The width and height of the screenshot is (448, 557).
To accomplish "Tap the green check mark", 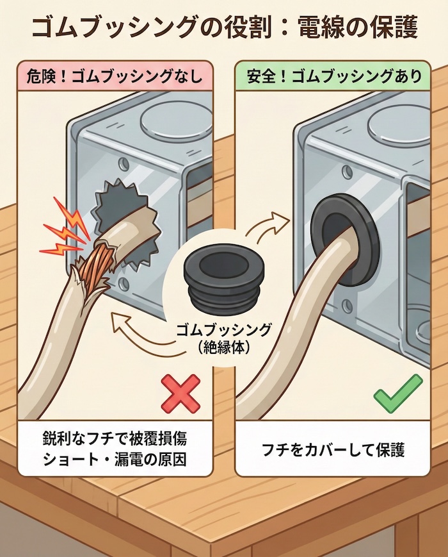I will [x=397, y=394].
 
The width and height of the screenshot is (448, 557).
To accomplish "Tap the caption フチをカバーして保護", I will [x=333, y=449].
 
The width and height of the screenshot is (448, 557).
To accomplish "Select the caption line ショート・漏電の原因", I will [x=115, y=460].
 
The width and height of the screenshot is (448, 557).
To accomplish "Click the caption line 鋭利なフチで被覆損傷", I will [x=115, y=440].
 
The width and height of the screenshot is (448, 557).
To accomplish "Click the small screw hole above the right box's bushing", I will [x=347, y=171].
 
